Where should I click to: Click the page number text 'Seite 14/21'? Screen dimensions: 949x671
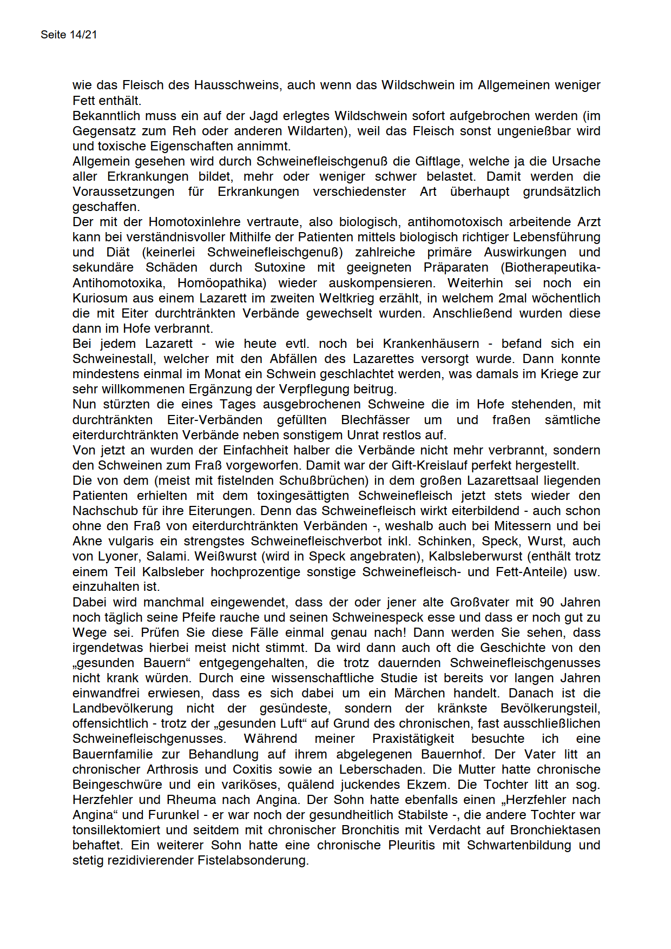click(69, 35)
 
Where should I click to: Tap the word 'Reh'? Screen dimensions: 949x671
click(185, 131)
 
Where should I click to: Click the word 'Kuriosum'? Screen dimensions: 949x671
click(97, 298)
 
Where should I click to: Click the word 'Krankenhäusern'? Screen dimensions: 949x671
click(431, 344)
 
